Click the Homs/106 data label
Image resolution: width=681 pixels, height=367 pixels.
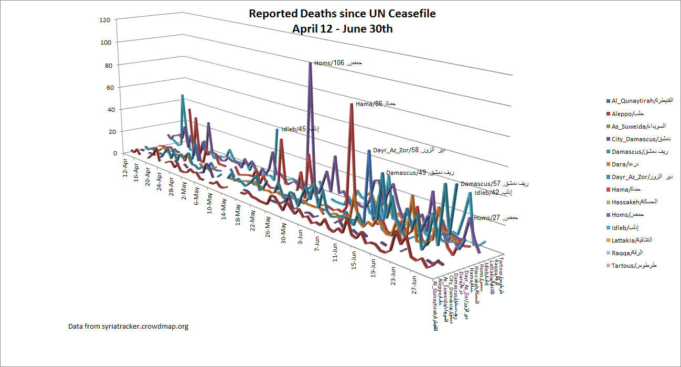338,63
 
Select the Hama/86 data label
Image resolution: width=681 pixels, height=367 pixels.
375,104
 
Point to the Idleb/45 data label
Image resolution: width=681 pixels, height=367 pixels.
300,129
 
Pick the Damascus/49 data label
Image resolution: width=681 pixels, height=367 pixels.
420,173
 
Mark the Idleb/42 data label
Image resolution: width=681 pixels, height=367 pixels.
493,193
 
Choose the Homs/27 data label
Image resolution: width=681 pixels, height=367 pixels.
495,218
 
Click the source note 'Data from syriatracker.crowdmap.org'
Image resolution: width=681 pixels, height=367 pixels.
128,326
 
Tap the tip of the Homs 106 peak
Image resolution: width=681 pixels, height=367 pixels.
310,62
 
